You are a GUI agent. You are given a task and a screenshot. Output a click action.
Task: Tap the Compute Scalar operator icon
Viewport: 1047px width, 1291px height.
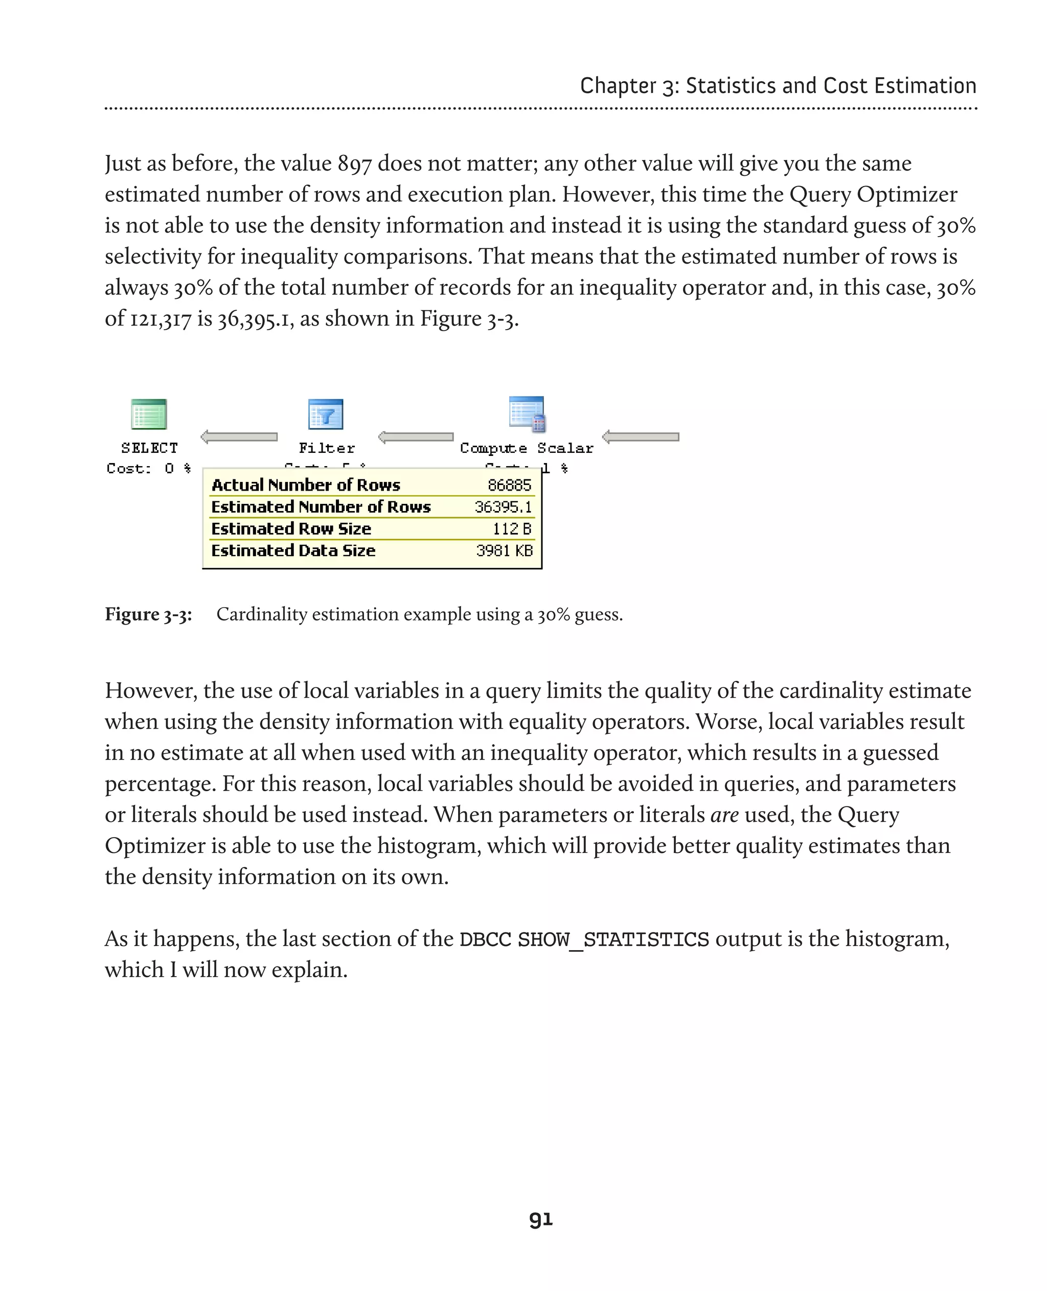tap(527, 413)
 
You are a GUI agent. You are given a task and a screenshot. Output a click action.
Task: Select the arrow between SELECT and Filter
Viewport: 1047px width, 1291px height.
tap(239, 436)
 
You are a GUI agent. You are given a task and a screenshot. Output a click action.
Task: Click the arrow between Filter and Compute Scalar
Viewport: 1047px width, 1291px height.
tap(416, 436)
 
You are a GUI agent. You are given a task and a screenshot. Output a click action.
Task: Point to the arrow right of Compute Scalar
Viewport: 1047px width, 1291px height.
tap(641, 436)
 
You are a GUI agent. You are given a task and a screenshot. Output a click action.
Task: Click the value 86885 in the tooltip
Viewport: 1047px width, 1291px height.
tap(510, 486)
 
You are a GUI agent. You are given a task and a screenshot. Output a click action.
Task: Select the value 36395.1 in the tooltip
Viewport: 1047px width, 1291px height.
tap(503, 507)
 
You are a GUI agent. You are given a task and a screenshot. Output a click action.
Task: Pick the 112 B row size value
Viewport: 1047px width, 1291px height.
tap(512, 529)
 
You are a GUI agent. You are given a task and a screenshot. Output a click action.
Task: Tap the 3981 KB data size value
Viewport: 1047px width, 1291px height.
tap(504, 550)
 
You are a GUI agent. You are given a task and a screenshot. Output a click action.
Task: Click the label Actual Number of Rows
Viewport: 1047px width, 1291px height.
tap(306, 486)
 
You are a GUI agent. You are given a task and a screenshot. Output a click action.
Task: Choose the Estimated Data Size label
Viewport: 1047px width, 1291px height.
tap(293, 550)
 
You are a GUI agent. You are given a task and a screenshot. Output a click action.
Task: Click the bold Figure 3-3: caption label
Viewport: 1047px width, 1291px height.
tap(148, 614)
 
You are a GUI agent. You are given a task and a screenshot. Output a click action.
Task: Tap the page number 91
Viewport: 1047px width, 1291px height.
tap(540, 1219)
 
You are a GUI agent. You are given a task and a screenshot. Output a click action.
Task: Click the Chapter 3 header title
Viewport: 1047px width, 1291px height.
tap(778, 86)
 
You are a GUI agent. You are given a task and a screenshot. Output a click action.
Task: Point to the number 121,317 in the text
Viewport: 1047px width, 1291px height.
tap(161, 319)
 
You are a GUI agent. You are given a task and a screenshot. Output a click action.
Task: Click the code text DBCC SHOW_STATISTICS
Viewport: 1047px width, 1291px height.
tap(584, 939)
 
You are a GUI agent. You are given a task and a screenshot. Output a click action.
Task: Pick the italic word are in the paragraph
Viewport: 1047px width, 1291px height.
tap(724, 815)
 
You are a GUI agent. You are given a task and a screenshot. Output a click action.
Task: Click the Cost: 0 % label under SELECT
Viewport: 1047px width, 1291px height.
tap(149, 469)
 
